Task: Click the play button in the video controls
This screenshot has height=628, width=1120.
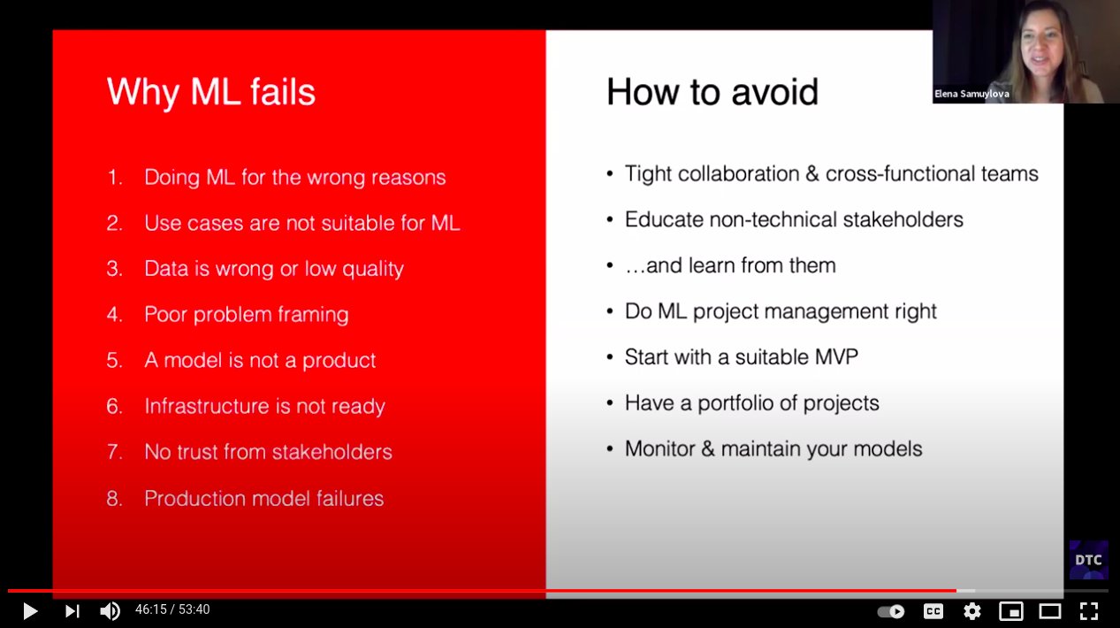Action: [30, 611]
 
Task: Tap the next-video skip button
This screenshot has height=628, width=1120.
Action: [72, 611]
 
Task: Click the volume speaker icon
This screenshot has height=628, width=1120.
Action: [110, 611]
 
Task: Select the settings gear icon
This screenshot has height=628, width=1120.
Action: [972, 611]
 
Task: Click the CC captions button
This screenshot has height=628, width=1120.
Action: [933, 611]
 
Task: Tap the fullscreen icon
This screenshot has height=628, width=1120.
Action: [1089, 611]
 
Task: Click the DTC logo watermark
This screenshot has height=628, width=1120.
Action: [1088, 560]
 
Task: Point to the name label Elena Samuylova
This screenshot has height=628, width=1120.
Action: [971, 94]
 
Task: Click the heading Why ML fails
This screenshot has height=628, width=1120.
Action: [211, 92]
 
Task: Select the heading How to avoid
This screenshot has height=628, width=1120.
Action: [712, 92]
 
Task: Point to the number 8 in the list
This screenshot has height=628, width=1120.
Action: [113, 498]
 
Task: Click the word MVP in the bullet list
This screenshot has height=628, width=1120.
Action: [836, 357]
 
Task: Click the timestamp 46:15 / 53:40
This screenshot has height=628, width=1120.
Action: [172, 609]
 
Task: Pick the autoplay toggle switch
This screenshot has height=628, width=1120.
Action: [891, 611]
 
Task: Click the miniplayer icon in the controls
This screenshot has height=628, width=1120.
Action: [1011, 611]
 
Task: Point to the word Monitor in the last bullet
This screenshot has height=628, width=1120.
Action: [660, 448]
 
